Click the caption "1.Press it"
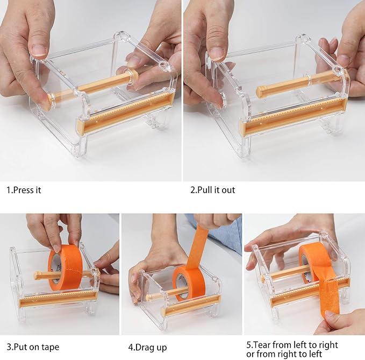(24, 190)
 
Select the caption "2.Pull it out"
(212, 190)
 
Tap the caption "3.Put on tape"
(33, 347)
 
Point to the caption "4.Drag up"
(148, 348)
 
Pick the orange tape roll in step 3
(65, 267)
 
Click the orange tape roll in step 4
(189, 283)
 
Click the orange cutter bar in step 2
(294, 118)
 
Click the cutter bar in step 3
(58, 299)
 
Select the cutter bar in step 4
(192, 305)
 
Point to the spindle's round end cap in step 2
(260, 91)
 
